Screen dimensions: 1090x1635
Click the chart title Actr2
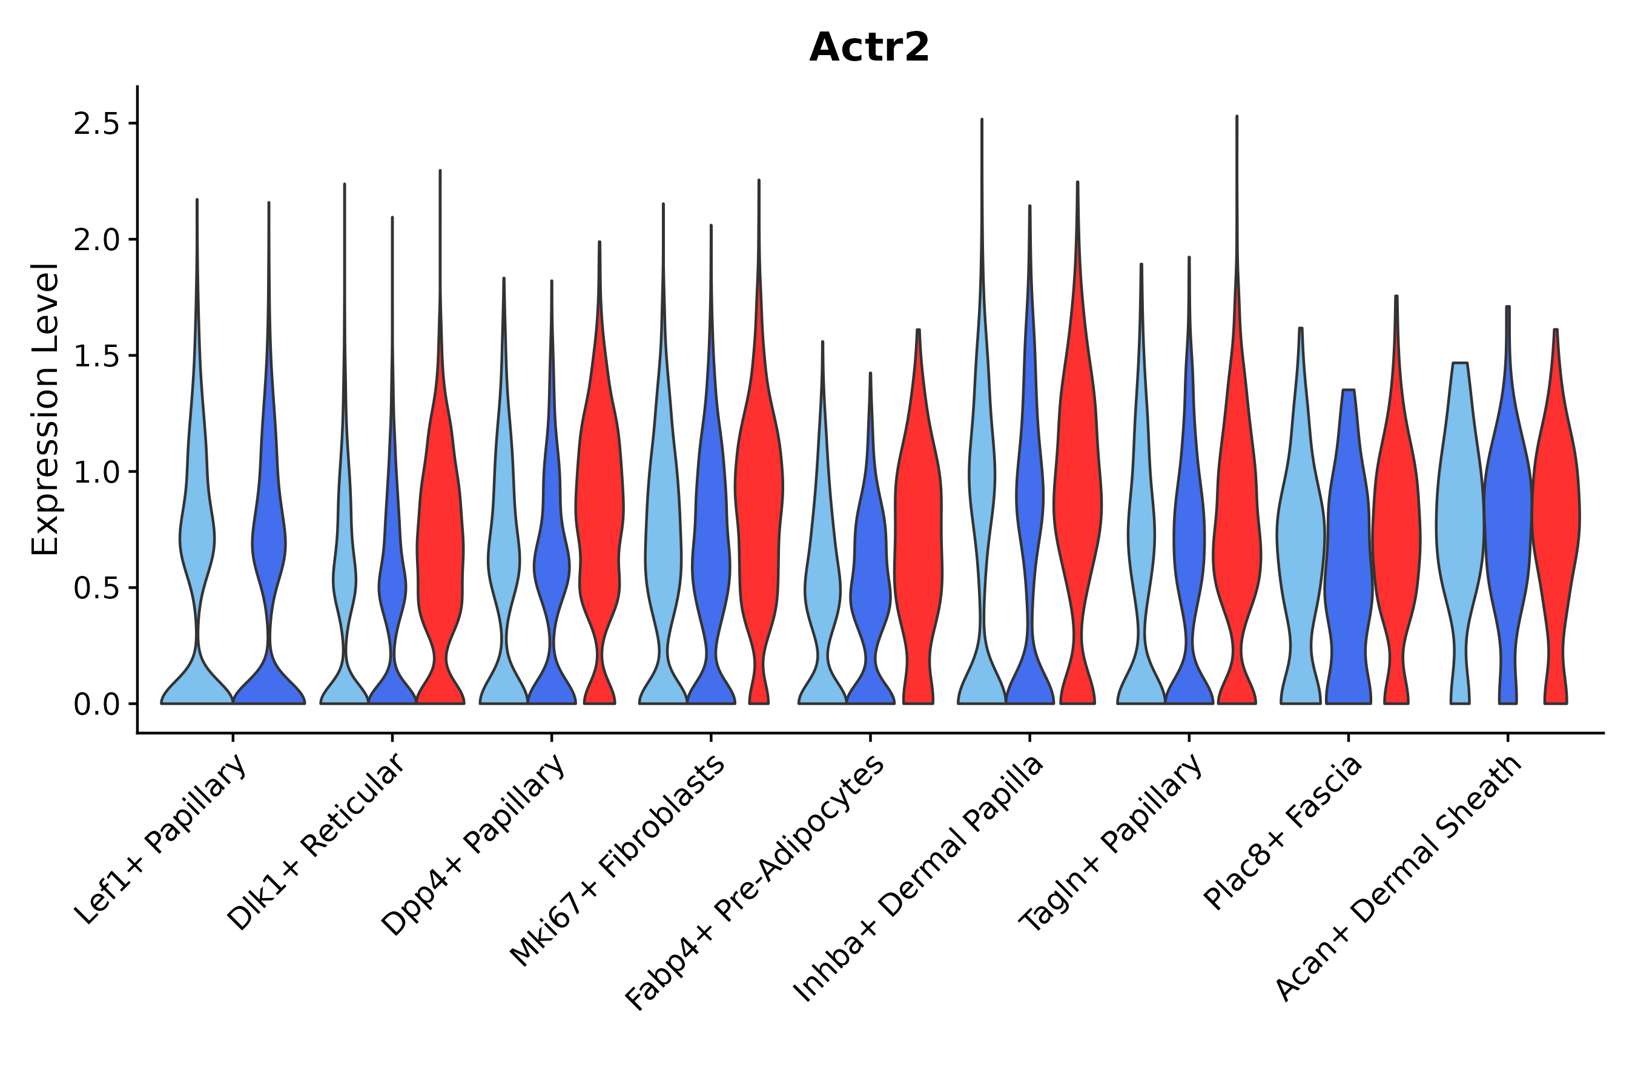click(x=869, y=48)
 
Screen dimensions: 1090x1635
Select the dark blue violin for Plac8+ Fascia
click(x=1348, y=556)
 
